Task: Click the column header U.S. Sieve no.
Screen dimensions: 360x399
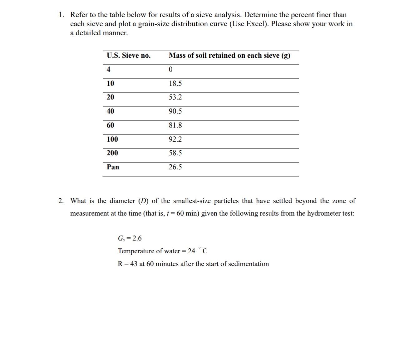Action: pos(128,56)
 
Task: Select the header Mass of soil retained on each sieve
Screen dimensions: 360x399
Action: pos(229,56)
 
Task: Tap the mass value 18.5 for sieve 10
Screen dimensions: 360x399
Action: pos(175,83)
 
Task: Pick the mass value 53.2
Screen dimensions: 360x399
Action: pos(175,97)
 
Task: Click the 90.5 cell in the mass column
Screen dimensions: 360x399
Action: pos(175,111)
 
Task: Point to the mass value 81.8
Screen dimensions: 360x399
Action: pos(175,125)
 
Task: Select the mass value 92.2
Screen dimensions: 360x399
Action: pos(175,139)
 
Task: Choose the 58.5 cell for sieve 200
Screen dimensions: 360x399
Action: pos(175,153)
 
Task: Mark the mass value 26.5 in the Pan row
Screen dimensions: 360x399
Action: pos(175,167)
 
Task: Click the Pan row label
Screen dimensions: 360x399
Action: pos(113,167)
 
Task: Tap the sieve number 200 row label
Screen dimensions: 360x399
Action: pos(112,153)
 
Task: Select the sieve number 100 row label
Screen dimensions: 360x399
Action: pos(112,139)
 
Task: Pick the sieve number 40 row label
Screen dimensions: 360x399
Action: pos(110,111)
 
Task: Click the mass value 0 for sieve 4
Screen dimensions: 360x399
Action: pos(170,70)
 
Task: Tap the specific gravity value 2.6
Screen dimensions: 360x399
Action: pos(137,239)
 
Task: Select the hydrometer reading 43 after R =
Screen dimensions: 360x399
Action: pos(134,264)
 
